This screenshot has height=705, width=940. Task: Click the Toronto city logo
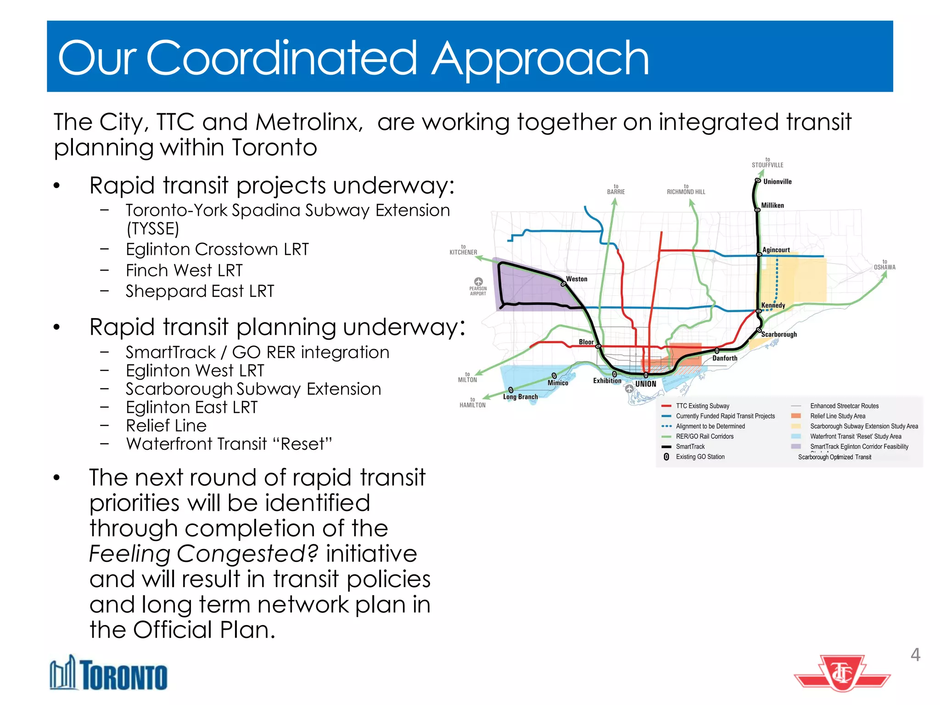click(108, 673)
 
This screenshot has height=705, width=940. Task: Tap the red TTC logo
click(842, 673)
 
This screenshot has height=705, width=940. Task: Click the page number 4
click(915, 655)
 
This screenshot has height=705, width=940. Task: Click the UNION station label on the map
click(645, 384)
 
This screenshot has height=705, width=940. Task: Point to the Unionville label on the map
click(777, 182)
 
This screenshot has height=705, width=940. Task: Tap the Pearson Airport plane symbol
click(478, 281)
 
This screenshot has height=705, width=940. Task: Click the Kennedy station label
click(773, 305)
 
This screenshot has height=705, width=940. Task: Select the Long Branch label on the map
click(520, 397)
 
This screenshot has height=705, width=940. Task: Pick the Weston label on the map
click(576, 279)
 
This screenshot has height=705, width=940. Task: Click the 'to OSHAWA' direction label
click(884, 265)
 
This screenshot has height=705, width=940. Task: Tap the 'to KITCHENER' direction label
click(463, 250)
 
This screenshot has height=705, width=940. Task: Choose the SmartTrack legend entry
click(690, 447)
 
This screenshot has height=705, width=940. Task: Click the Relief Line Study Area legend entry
click(837, 416)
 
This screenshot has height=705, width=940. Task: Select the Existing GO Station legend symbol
click(666, 457)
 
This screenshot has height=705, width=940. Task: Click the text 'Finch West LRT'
click(184, 270)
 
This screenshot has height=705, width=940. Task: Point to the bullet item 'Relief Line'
click(166, 425)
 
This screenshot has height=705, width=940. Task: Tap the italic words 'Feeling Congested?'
click(203, 554)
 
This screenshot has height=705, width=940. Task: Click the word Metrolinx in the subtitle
click(309, 122)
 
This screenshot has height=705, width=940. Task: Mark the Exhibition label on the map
click(607, 380)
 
